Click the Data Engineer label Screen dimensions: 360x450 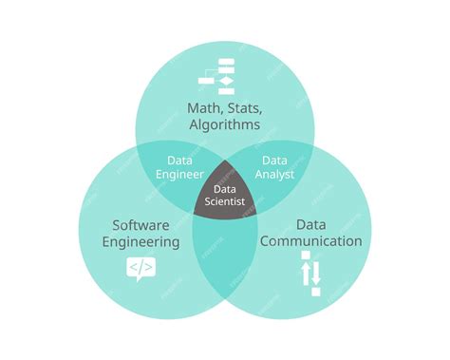click(x=180, y=167)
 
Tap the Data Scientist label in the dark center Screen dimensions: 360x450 click(x=226, y=194)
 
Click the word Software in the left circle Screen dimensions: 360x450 click(x=141, y=225)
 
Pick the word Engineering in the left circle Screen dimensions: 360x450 click(x=141, y=241)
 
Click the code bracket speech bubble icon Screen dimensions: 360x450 click(x=141, y=270)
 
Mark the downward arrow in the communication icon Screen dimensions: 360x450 click(x=318, y=274)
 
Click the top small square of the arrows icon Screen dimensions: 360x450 click(x=306, y=256)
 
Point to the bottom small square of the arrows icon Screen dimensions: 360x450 click(x=316, y=292)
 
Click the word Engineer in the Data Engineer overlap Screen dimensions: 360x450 click(x=180, y=175)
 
